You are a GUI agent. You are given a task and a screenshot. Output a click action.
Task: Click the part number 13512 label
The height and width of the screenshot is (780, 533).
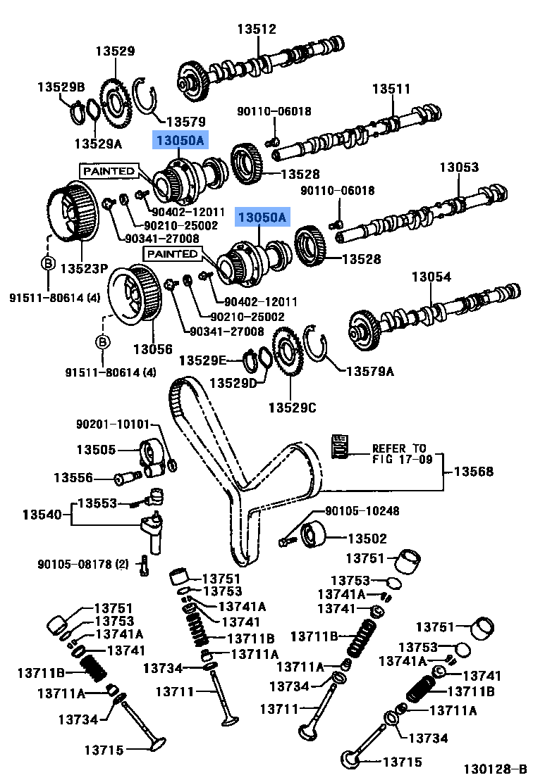click(256, 29)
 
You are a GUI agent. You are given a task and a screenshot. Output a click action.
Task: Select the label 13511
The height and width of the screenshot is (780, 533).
click(391, 89)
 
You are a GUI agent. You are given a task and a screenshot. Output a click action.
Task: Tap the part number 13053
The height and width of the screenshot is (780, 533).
click(459, 168)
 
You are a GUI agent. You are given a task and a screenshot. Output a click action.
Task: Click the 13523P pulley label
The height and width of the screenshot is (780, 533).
click(83, 269)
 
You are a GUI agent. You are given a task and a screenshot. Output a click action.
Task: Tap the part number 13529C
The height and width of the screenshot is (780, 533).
click(292, 407)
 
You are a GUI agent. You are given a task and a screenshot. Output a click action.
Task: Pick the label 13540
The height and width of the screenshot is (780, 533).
click(42, 515)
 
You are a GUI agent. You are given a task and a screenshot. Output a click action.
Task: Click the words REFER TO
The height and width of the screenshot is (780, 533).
click(399, 448)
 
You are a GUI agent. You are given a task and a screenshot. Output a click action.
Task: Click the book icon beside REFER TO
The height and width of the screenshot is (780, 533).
click(341, 446)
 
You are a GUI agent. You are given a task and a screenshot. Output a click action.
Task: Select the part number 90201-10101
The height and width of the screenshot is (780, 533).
click(113, 424)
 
